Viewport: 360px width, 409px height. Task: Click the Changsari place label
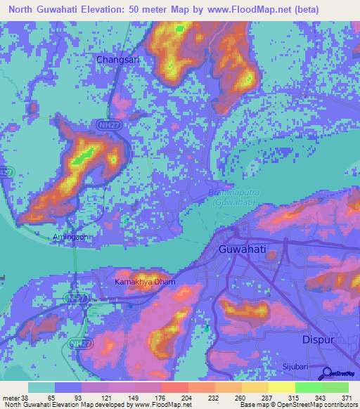pos(118,60)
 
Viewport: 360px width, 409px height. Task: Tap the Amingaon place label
pos(70,238)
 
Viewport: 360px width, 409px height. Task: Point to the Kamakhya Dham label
pos(144,283)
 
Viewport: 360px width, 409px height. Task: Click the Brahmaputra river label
pos(231,193)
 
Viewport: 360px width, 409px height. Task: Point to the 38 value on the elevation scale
pos(25,398)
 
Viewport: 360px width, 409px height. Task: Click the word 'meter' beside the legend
pos(10,398)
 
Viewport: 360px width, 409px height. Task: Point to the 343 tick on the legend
pos(321,398)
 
